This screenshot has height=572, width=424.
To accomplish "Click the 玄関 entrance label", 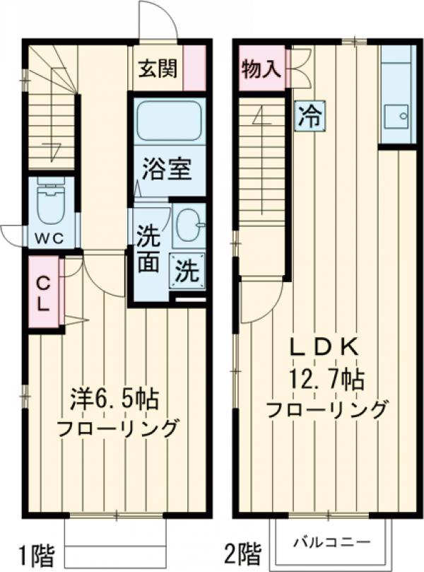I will pyautogui.click(x=157, y=69).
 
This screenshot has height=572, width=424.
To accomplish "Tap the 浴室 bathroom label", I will pyautogui.click(x=167, y=170).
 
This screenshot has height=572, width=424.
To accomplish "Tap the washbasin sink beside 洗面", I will pyautogui.click(x=187, y=224).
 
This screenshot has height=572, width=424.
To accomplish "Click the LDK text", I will pyautogui.click(x=327, y=348).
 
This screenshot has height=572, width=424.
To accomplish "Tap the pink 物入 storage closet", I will pyautogui.click(x=261, y=69).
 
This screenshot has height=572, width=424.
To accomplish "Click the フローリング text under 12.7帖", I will pyautogui.click(x=326, y=409).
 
